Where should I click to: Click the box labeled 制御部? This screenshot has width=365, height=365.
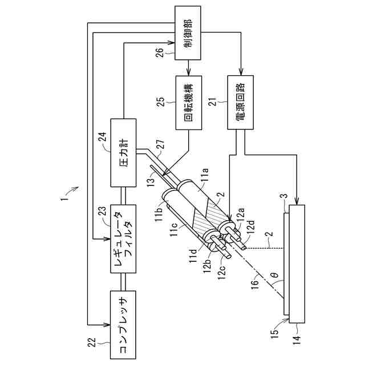coord(188,33)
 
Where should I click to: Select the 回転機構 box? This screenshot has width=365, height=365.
coord(188,103)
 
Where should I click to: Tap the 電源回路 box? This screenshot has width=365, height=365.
coord(241,103)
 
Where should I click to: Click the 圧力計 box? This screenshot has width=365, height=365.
coord(123,153)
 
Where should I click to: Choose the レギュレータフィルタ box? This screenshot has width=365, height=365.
coord(123,239)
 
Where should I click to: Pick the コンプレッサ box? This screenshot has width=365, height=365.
coord(123,325)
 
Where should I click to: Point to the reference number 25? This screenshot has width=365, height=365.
coord(161,102)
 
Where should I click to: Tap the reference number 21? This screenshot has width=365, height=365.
coord(213,102)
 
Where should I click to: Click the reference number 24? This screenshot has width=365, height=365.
coord(103,137)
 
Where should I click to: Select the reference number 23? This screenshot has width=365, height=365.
coord(103,212)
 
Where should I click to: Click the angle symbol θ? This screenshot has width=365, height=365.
coord(275,275)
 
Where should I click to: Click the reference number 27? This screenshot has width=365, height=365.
coord(161,144)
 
